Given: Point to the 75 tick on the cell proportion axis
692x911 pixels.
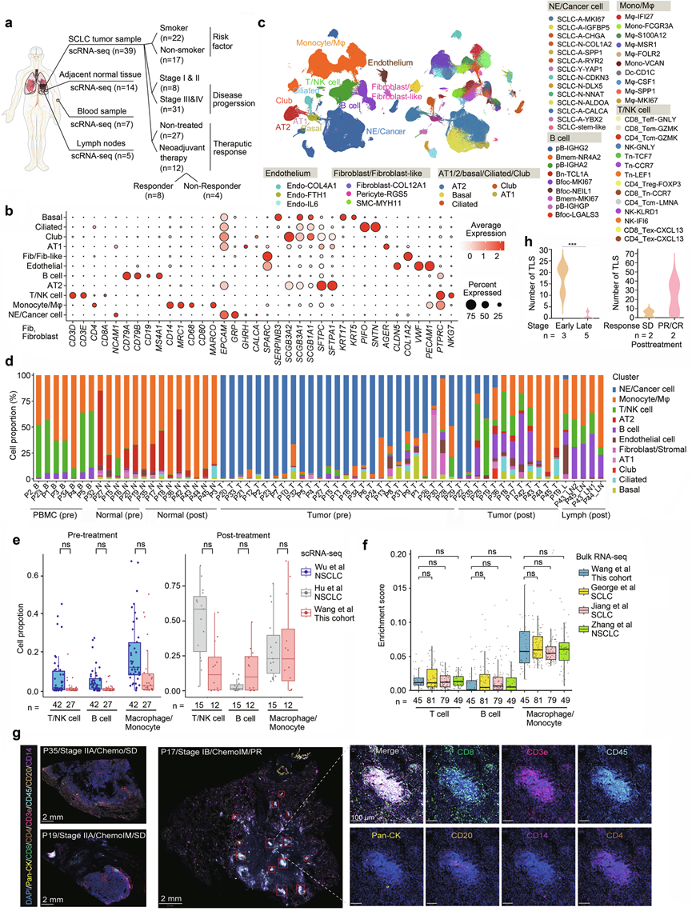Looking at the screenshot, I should point(23,416).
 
